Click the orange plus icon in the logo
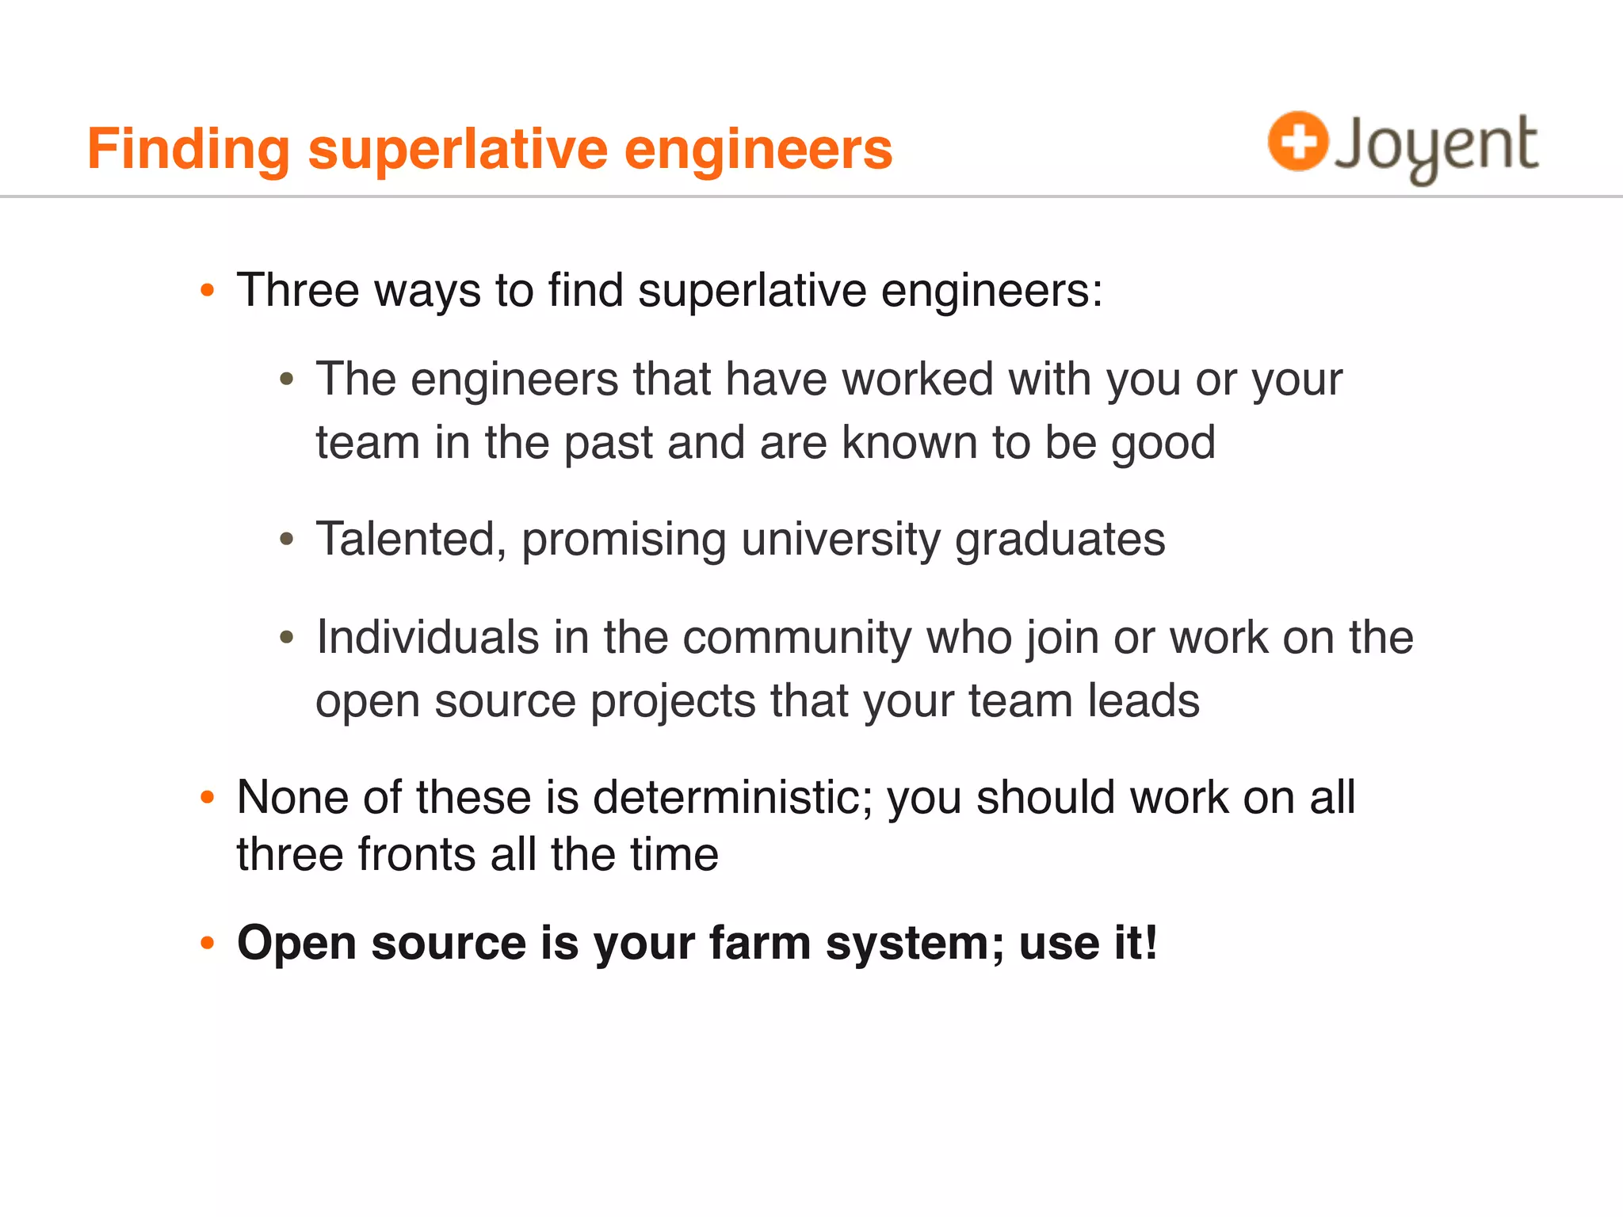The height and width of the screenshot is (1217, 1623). tap(1297, 141)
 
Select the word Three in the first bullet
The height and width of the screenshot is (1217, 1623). tap(298, 290)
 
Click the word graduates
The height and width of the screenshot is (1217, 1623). tap(1060, 540)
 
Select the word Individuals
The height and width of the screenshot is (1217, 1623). tap(427, 638)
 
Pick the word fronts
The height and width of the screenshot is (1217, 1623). tap(417, 855)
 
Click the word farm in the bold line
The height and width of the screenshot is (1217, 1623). tap(759, 944)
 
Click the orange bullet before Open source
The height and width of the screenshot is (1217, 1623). tap(208, 943)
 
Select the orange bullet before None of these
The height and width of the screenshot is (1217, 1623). tap(208, 797)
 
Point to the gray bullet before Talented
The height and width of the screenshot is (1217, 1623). tap(287, 540)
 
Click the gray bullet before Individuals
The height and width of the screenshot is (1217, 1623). tap(287, 638)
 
